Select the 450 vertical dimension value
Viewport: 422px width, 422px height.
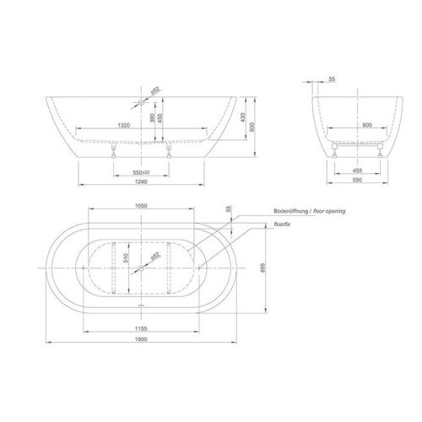[160, 119]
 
